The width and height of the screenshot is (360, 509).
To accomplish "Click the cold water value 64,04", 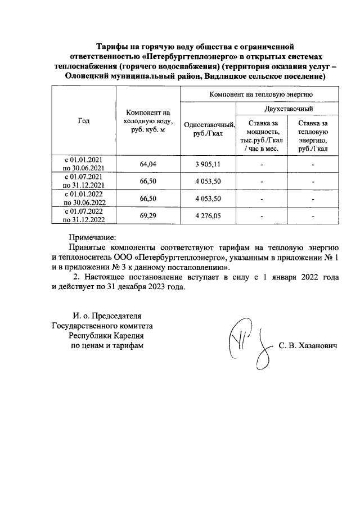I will [147, 164].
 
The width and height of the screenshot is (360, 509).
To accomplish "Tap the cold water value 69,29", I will [147, 215].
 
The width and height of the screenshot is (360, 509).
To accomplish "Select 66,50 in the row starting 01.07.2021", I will [147, 181].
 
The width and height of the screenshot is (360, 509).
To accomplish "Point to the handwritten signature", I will [247, 344].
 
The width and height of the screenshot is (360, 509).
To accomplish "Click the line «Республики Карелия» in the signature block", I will [102, 335].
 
